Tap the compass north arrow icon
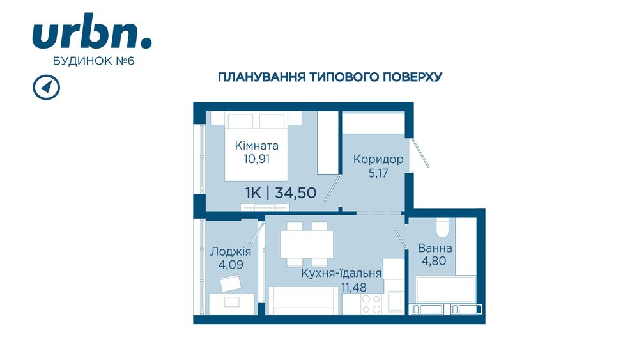coord(45,87)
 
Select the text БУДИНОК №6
coord(92,61)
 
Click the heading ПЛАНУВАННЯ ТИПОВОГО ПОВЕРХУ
coord(330,77)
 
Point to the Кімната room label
coord(256,145)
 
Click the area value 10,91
coord(256,159)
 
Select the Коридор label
coord(379,159)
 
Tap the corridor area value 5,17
coord(379,173)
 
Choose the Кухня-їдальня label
coord(342,273)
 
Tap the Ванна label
coord(435,248)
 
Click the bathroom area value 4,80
coord(435,261)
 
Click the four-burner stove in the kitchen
coord(371,303)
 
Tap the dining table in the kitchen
coord(307,243)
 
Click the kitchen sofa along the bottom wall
coord(304,301)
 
